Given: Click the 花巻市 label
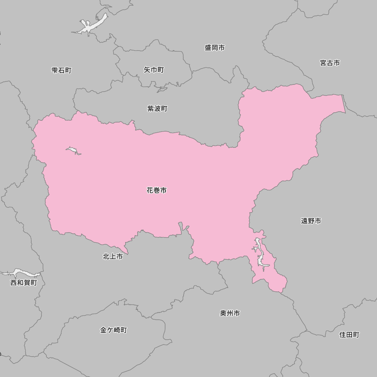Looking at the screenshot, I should [x=156, y=190].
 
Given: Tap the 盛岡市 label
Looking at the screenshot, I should [x=215, y=48].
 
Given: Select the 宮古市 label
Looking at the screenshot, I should [x=330, y=63].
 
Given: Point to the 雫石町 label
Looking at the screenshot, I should [x=61, y=70].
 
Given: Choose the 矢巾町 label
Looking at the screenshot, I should [x=154, y=70].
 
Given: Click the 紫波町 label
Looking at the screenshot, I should [x=157, y=109].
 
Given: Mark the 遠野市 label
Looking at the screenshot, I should [x=311, y=221].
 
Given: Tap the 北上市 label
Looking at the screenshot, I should [x=113, y=256].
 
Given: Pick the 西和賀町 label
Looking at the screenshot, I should [x=24, y=282].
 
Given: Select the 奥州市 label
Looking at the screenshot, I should [x=230, y=313].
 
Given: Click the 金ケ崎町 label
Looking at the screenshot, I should [x=113, y=330].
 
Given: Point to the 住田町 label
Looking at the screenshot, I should [x=349, y=334].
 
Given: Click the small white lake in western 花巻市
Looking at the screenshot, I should [x=73, y=151].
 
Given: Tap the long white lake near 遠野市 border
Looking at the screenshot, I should [x=261, y=256].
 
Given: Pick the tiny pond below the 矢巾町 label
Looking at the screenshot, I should [x=162, y=90].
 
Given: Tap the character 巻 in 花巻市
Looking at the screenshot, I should [x=156, y=190].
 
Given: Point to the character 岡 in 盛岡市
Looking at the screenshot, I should [x=215, y=48].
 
